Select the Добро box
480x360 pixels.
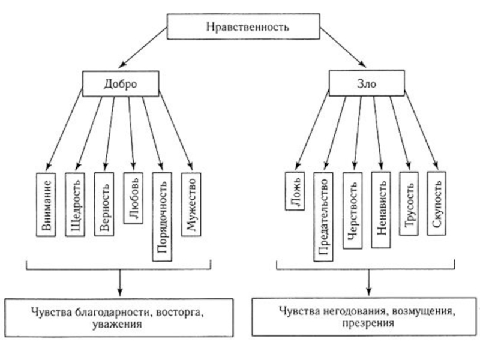[x=119, y=84]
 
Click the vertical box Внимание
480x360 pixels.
[x=46, y=204]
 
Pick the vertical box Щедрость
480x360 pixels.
[x=76, y=204]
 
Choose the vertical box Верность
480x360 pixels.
[x=104, y=203]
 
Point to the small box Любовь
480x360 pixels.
[x=134, y=197]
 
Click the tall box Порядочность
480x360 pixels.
[x=163, y=217]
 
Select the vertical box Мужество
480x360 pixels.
[x=191, y=203]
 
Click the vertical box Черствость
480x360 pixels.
[x=352, y=210]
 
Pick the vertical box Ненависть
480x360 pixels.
[x=381, y=210]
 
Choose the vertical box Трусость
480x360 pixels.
[x=410, y=203]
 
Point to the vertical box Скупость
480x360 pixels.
[x=438, y=203]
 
